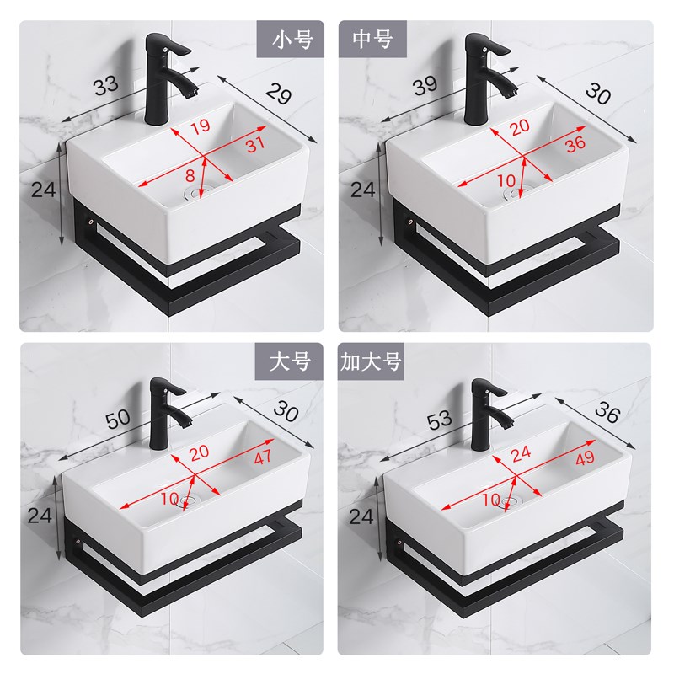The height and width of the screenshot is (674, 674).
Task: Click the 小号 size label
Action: [x=292, y=40]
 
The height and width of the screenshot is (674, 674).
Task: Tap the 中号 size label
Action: [x=372, y=39]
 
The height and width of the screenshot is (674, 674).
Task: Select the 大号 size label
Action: [x=290, y=361]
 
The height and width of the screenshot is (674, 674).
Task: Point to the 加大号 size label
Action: [x=371, y=361]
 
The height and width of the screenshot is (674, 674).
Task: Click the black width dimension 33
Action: [x=106, y=85]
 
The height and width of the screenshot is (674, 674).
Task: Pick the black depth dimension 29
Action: [x=279, y=94]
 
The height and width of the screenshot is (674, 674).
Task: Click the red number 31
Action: [x=255, y=144]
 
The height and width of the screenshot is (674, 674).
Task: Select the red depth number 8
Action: [x=190, y=175]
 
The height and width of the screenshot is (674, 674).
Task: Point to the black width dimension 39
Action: [x=425, y=86]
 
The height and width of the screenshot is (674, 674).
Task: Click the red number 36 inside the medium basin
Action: [x=575, y=144]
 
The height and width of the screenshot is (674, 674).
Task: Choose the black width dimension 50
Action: [x=118, y=418]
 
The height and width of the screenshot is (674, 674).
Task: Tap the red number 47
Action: [x=263, y=457]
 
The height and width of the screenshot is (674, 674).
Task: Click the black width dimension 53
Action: [x=439, y=420]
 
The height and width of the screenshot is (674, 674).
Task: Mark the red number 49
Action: [x=585, y=458]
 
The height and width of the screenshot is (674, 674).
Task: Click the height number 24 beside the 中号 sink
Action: [x=363, y=190]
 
